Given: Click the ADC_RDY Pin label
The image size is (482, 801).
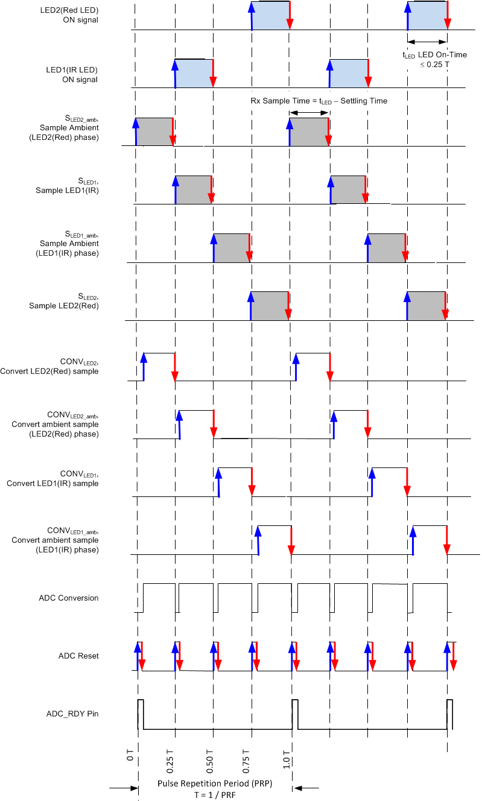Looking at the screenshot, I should pyautogui.click(x=72, y=714).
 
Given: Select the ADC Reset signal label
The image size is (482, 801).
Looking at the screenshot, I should pyautogui.click(x=78, y=656).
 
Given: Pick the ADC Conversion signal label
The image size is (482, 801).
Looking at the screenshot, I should pyautogui.click(x=69, y=598).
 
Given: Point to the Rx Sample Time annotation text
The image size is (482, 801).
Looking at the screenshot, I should pyautogui.click(x=319, y=101).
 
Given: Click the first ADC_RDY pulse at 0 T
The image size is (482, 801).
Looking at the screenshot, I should pyautogui.click(x=140, y=714).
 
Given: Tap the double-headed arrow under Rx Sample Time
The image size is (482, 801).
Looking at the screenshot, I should pyautogui.click(x=309, y=112).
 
